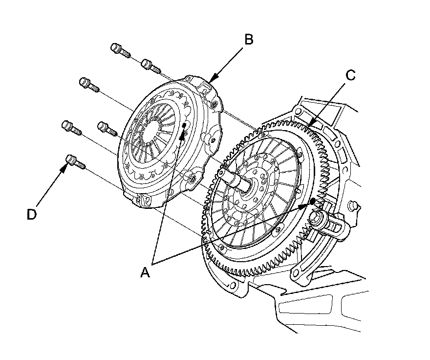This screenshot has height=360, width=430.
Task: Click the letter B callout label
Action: tap(249, 40)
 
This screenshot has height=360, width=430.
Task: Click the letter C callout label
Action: tap(350, 75)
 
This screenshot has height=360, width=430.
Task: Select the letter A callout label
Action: tap(145, 272)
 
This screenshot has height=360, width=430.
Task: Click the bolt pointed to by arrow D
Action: tap(75, 161)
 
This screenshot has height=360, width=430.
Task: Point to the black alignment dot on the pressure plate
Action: tap(184, 126)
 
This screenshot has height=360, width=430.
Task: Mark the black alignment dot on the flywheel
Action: tap(313, 202)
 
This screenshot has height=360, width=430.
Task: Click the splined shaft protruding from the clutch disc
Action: tap(239, 180)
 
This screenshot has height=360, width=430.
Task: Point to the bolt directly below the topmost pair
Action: tap(88, 84)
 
